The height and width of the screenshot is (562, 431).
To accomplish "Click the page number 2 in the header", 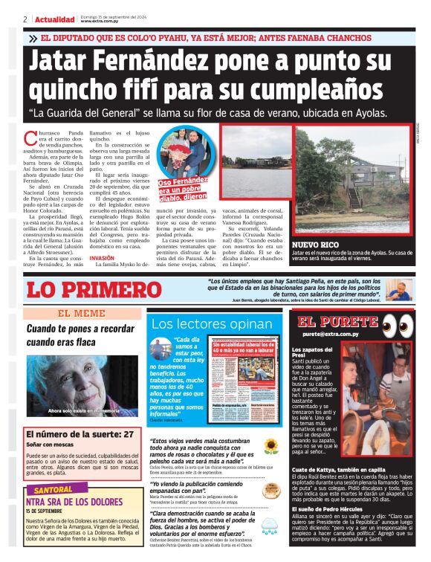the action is [25, 19].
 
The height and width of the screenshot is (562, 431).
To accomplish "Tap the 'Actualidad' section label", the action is [52, 19].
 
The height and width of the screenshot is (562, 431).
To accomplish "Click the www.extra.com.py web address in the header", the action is [101, 22].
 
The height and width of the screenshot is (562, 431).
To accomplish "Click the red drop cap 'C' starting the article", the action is [30, 137].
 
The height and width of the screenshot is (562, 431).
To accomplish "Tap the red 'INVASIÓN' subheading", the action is [102, 258].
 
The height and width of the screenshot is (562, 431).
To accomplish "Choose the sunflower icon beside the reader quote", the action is [270, 447].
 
